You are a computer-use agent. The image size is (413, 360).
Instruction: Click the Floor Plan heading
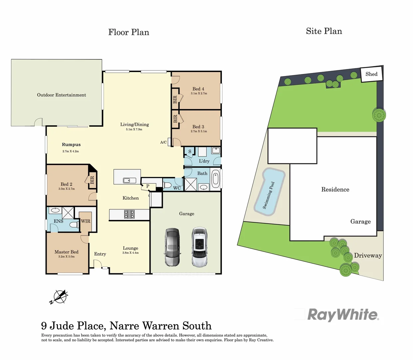click(129, 32)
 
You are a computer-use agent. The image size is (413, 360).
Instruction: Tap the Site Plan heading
click(324, 31)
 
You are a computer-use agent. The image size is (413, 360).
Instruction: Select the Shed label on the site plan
click(371, 74)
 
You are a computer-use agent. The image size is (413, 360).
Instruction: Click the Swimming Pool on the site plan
click(269, 192)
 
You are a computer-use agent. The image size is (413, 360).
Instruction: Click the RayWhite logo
click(342, 315)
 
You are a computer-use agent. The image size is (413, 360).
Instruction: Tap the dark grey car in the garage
click(173, 247)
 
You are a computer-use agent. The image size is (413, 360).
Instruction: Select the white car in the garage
click(200, 247)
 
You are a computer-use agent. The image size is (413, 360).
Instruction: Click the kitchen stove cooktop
click(129, 214)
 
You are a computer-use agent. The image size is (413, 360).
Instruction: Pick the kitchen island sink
click(127, 180)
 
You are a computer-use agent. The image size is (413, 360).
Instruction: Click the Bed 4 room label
click(199, 89)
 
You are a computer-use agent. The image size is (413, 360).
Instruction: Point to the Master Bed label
click(67, 252)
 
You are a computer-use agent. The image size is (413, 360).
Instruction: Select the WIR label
click(86, 221)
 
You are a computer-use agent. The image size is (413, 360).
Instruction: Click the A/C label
click(163, 142)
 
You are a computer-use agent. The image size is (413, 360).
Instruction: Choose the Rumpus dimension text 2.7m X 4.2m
click(71, 151)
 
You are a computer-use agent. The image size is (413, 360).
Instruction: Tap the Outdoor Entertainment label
click(62, 95)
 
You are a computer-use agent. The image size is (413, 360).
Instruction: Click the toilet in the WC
click(168, 185)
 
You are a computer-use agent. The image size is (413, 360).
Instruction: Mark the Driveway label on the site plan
click(368, 256)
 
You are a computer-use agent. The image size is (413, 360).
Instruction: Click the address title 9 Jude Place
click(126, 326)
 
